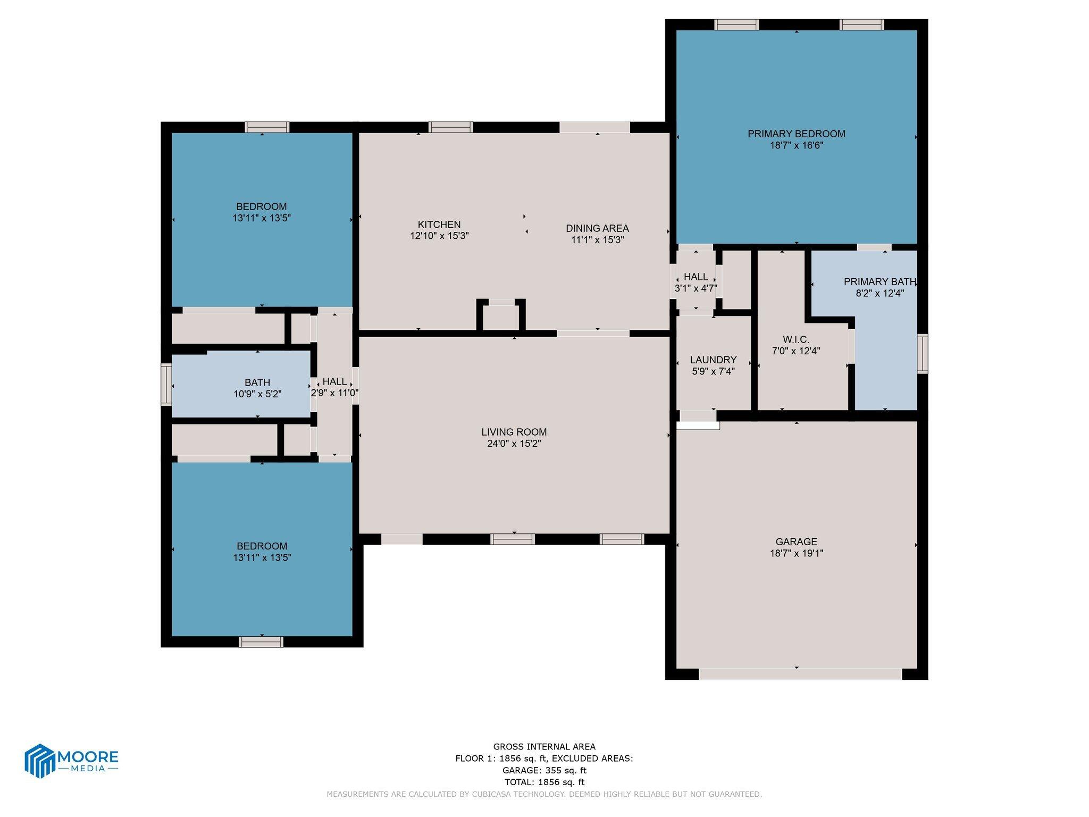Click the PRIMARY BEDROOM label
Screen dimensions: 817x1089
click(796, 134)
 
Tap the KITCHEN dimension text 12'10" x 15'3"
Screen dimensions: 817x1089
click(439, 236)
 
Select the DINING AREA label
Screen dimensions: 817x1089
click(597, 228)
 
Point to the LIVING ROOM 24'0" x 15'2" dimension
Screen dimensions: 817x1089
click(514, 444)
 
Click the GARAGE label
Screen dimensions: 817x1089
click(796, 541)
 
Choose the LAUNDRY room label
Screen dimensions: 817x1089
click(713, 360)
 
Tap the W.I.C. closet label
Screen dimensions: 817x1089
click(795, 339)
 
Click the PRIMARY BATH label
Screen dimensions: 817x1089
click(879, 282)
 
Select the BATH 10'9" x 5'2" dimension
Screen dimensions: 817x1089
click(257, 394)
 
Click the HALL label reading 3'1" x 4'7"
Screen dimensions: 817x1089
click(696, 277)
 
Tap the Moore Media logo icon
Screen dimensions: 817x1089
click(40, 761)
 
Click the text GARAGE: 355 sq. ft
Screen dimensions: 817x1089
click(544, 770)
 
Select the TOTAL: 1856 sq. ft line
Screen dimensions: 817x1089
click(544, 782)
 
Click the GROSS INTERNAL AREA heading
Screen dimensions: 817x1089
click(544, 747)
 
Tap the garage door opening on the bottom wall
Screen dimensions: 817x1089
click(800, 674)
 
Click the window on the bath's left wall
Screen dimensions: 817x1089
click(166, 384)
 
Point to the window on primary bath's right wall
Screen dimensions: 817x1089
click(923, 353)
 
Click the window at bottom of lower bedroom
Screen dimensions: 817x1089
click(261, 642)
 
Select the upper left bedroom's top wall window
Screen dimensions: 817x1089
click(267, 127)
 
